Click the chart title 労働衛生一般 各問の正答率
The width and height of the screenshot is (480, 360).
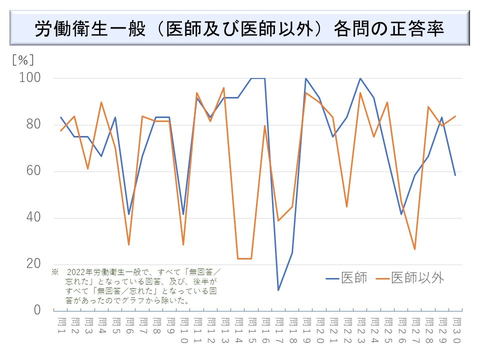coord(239,28)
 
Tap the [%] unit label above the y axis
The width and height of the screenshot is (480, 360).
coord(23,60)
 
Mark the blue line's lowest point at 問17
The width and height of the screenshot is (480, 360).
coord(278,290)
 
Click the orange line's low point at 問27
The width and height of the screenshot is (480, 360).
coord(414,249)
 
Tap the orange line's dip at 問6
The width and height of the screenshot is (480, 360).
coord(129,244)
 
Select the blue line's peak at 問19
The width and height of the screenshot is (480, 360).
coord(305,78)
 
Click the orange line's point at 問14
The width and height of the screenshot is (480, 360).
coord(238,258)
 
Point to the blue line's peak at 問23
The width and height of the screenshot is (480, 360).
coord(360,78)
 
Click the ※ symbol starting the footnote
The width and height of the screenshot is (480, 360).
coord(55,272)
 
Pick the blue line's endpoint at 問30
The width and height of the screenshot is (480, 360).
coord(455,175)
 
